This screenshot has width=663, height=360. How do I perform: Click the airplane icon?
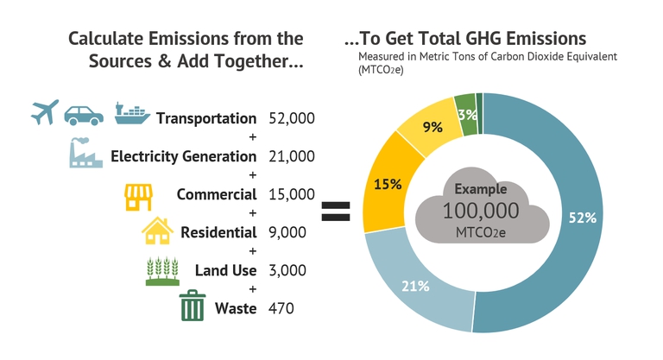pyautogui.click(x=44, y=112)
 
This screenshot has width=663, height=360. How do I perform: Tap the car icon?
pyautogui.click(x=85, y=114)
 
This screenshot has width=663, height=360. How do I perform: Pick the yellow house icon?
pyautogui.click(x=157, y=231)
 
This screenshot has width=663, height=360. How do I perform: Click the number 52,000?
pyautogui.click(x=292, y=118)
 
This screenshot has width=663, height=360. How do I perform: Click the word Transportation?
pyautogui.click(x=206, y=118)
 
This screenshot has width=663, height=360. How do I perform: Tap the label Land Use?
pyautogui.click(x=226, y=270)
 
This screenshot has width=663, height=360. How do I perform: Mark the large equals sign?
pyautogui.click(x=336, y=212)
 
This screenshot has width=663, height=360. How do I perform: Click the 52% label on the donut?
pyautogui.click(x=582, y=218)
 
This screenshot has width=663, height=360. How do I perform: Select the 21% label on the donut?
pyautogui.click(x=415, y=286)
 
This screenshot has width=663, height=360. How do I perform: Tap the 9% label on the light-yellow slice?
pyautogui.click(x=433, y=127)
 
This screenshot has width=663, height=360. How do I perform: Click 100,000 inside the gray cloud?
pyautogui.click(x=481, y=210)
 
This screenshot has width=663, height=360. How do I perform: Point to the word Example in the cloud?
pyautogui.click(x=481, y=188)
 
